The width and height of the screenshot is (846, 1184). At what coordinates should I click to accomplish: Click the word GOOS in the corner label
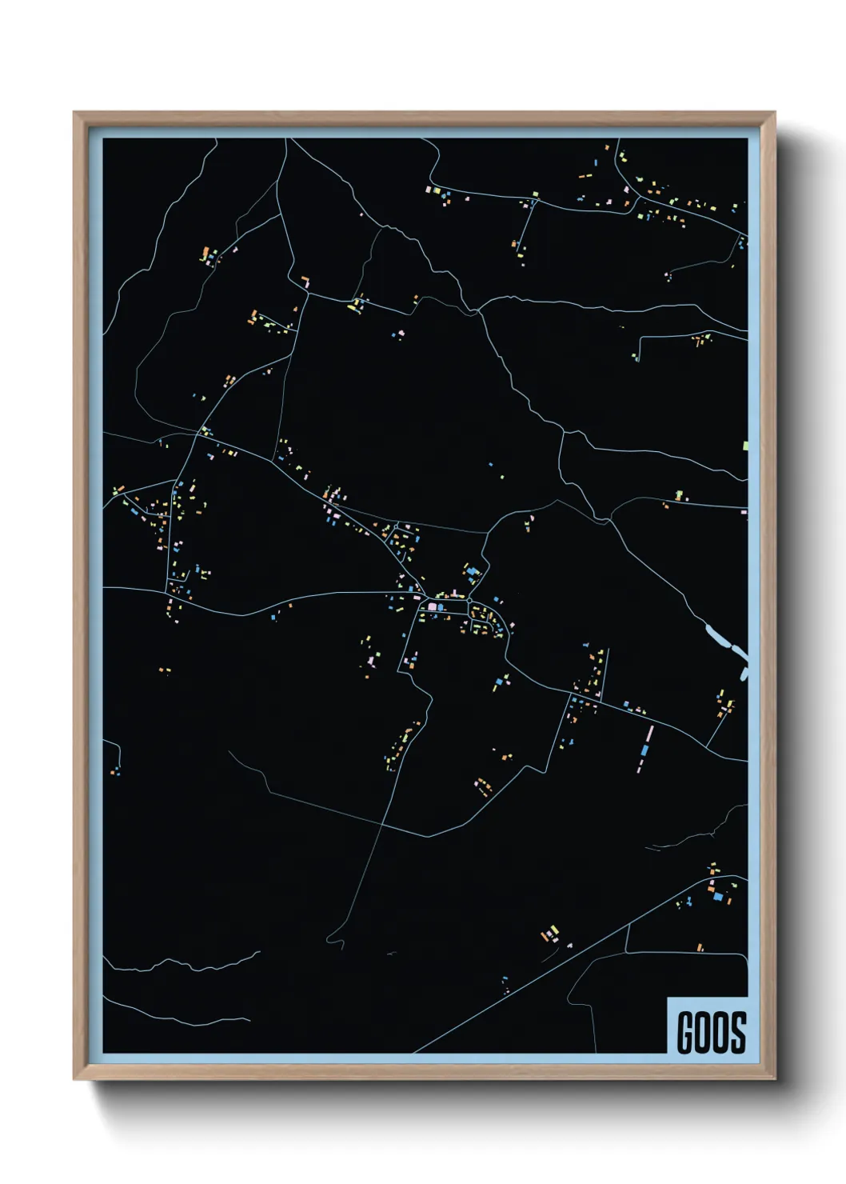[x=712, y=1032]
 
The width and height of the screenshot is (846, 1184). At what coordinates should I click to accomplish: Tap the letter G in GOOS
[x=685, y=1032]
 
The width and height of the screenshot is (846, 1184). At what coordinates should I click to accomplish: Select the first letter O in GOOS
[x=703, y=1032]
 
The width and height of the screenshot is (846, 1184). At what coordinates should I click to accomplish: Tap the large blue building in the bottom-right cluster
[x=717, y=897]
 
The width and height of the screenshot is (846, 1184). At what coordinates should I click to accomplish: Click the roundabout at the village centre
[x=470, y=601]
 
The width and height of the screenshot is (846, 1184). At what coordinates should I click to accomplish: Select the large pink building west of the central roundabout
[x=433, y=607]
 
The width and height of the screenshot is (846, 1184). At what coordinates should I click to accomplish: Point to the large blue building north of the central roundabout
[x=472, y=570]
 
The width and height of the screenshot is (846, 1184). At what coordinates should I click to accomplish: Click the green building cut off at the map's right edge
[x=745, y=445]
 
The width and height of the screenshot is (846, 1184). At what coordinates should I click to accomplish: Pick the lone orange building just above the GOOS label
[x=700, y=947]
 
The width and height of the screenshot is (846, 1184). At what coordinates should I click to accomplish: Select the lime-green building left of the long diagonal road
[x=549, y=934]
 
